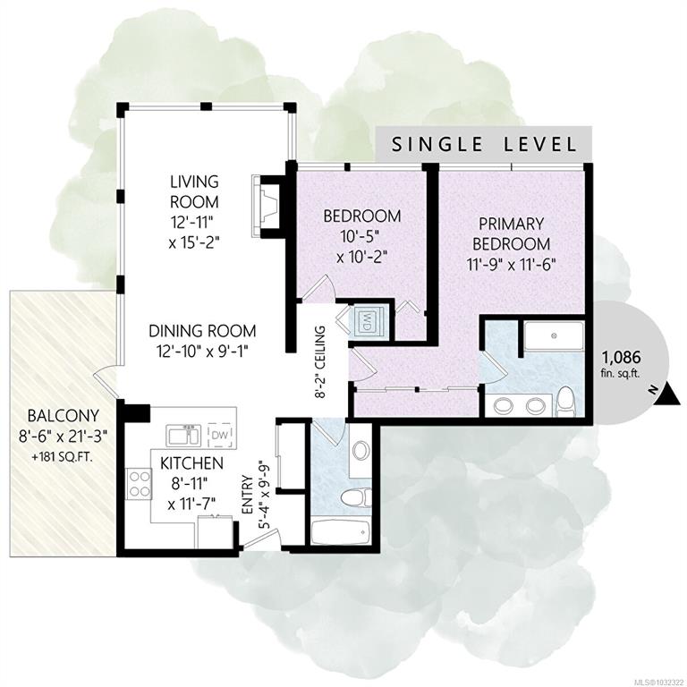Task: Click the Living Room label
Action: (193, 191)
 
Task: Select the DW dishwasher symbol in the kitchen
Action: (219, 436)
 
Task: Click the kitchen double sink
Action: (183, 436)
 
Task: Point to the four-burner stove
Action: (139, 484)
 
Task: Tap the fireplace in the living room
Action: (267, 207)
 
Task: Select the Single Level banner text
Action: (483, 144)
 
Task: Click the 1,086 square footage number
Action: (622, 358)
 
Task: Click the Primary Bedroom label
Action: (511, 233)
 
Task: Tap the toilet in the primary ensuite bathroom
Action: (564, 401)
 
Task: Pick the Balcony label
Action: (64, 414)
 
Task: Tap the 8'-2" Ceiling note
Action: (321, 361)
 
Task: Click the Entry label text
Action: (248, 495)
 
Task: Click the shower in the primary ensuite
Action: (554, 336)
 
